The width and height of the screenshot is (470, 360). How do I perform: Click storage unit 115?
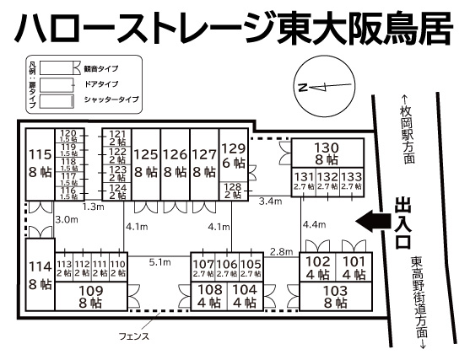click(39, 164)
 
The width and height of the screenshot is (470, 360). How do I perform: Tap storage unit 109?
click(91, 294)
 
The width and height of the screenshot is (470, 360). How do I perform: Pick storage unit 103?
click(335, 297)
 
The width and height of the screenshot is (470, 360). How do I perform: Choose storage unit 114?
click(39, 276)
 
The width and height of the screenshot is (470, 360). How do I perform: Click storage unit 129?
click(233, 155)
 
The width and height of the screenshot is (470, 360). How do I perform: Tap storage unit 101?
click(354, 267)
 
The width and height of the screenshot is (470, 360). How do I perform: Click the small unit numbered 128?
click(233, 191)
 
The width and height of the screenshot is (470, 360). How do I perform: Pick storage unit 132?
click(327, 180)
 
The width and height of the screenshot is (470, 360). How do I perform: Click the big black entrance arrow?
click(374, 222)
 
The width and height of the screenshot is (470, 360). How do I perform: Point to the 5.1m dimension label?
click(160, 261)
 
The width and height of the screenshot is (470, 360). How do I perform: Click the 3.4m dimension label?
click(270, 201)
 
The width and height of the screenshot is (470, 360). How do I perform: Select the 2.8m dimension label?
click(281, 251)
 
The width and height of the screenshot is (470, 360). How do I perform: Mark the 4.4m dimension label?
click(314, 224)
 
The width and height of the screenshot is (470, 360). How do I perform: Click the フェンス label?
click(134, 336)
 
